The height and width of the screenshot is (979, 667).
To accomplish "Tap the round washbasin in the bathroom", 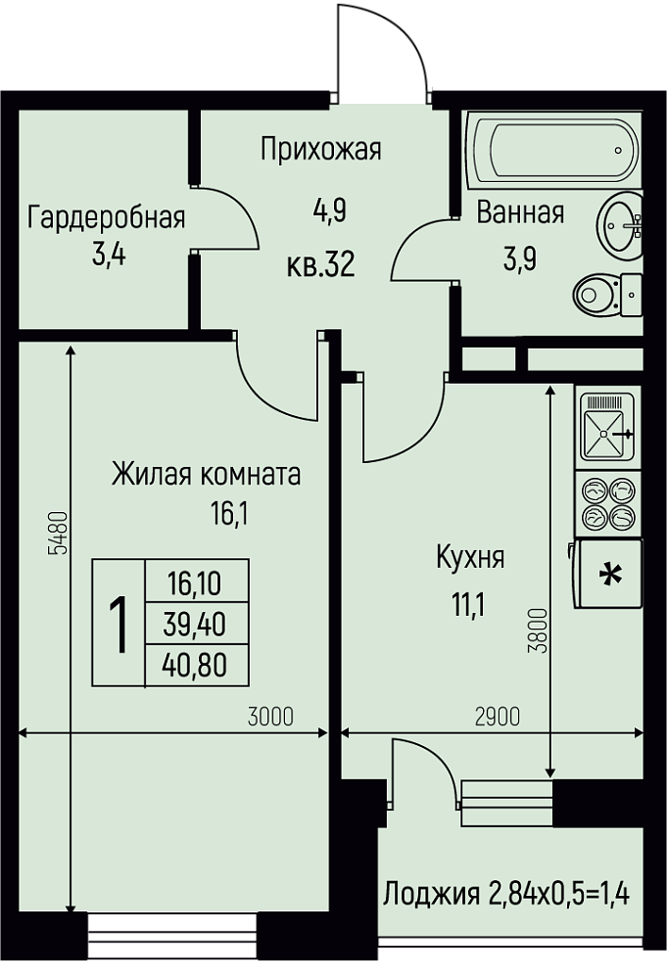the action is pyautogui.click(x=620, y=225).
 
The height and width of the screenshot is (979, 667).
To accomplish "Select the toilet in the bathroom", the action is pyautogui.click(x=607, y=295).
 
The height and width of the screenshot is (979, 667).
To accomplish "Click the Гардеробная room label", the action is pyautogui.click(x=106, y=218).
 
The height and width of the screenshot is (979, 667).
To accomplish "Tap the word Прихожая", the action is pyautogui.click(x=321, y=150).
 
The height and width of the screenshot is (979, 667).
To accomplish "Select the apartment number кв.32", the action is pyautogui.click(x=321, y=264).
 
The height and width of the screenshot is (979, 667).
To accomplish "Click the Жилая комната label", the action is pyautogui.click(x=206, y=475).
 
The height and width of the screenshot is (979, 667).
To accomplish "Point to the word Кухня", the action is pyautogui.click(x=470, y=557).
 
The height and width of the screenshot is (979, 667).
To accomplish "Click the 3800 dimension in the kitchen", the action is pyautogui.click(x=539, y=630).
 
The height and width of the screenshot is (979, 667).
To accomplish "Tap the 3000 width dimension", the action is pyautogui.click(x=270, y=718).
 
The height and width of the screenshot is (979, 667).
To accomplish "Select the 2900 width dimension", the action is pyautogui.click(x=498, y=718).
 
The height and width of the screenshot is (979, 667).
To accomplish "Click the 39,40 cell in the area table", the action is pyautogui.click(x=195, y=625).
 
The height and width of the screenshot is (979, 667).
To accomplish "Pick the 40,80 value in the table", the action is pyautogui.click(x=195, y=666).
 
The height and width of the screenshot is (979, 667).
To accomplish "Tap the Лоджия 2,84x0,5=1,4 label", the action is pyautogui.click(x=506, y=894).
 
